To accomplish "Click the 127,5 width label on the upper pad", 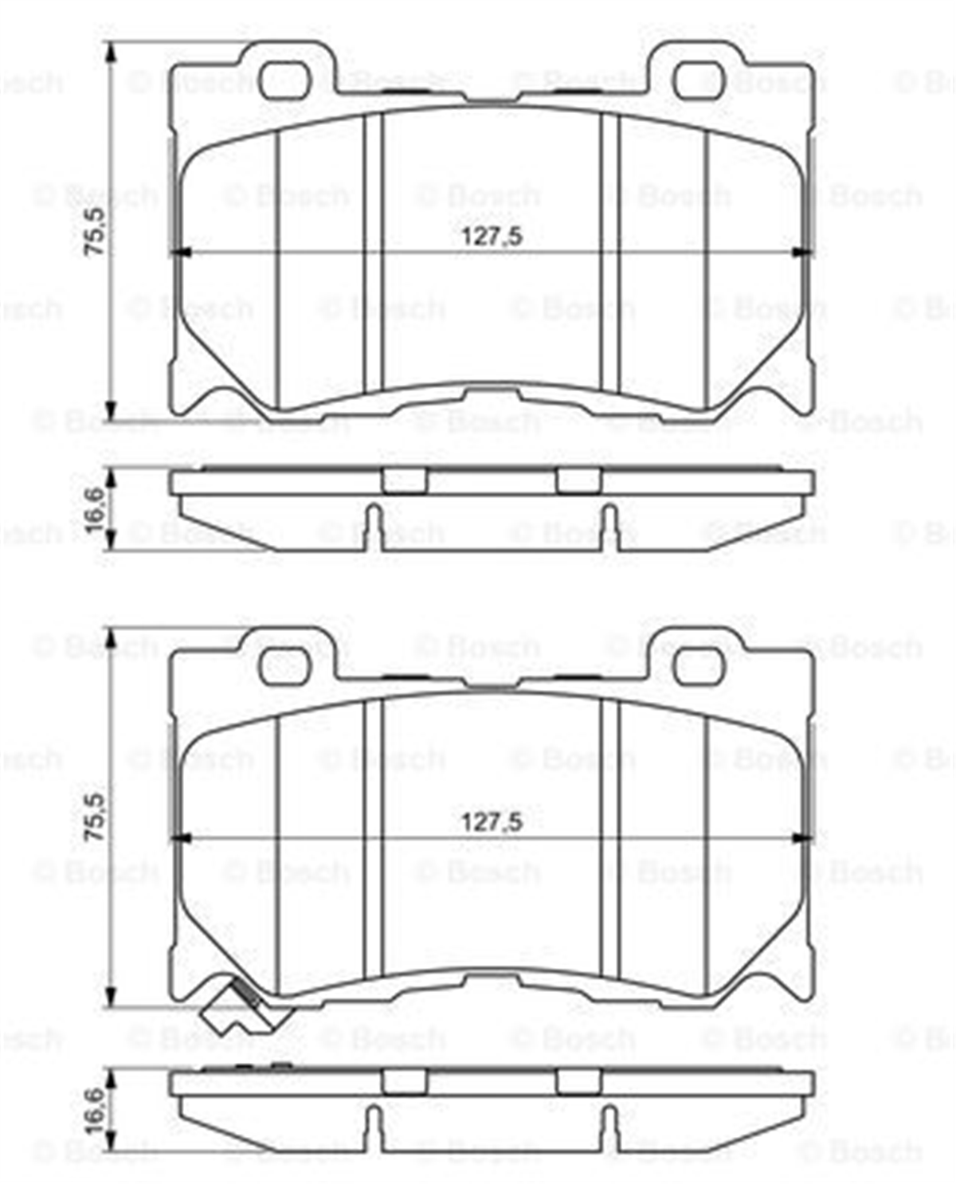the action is [492, 237].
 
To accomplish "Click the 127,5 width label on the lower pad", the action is [492, 822].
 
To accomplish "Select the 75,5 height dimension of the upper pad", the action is [95, 231].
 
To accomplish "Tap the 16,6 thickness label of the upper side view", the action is [95, 510].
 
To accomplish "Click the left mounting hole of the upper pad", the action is [284, 80].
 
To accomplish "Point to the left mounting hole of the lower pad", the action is [284, 666].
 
